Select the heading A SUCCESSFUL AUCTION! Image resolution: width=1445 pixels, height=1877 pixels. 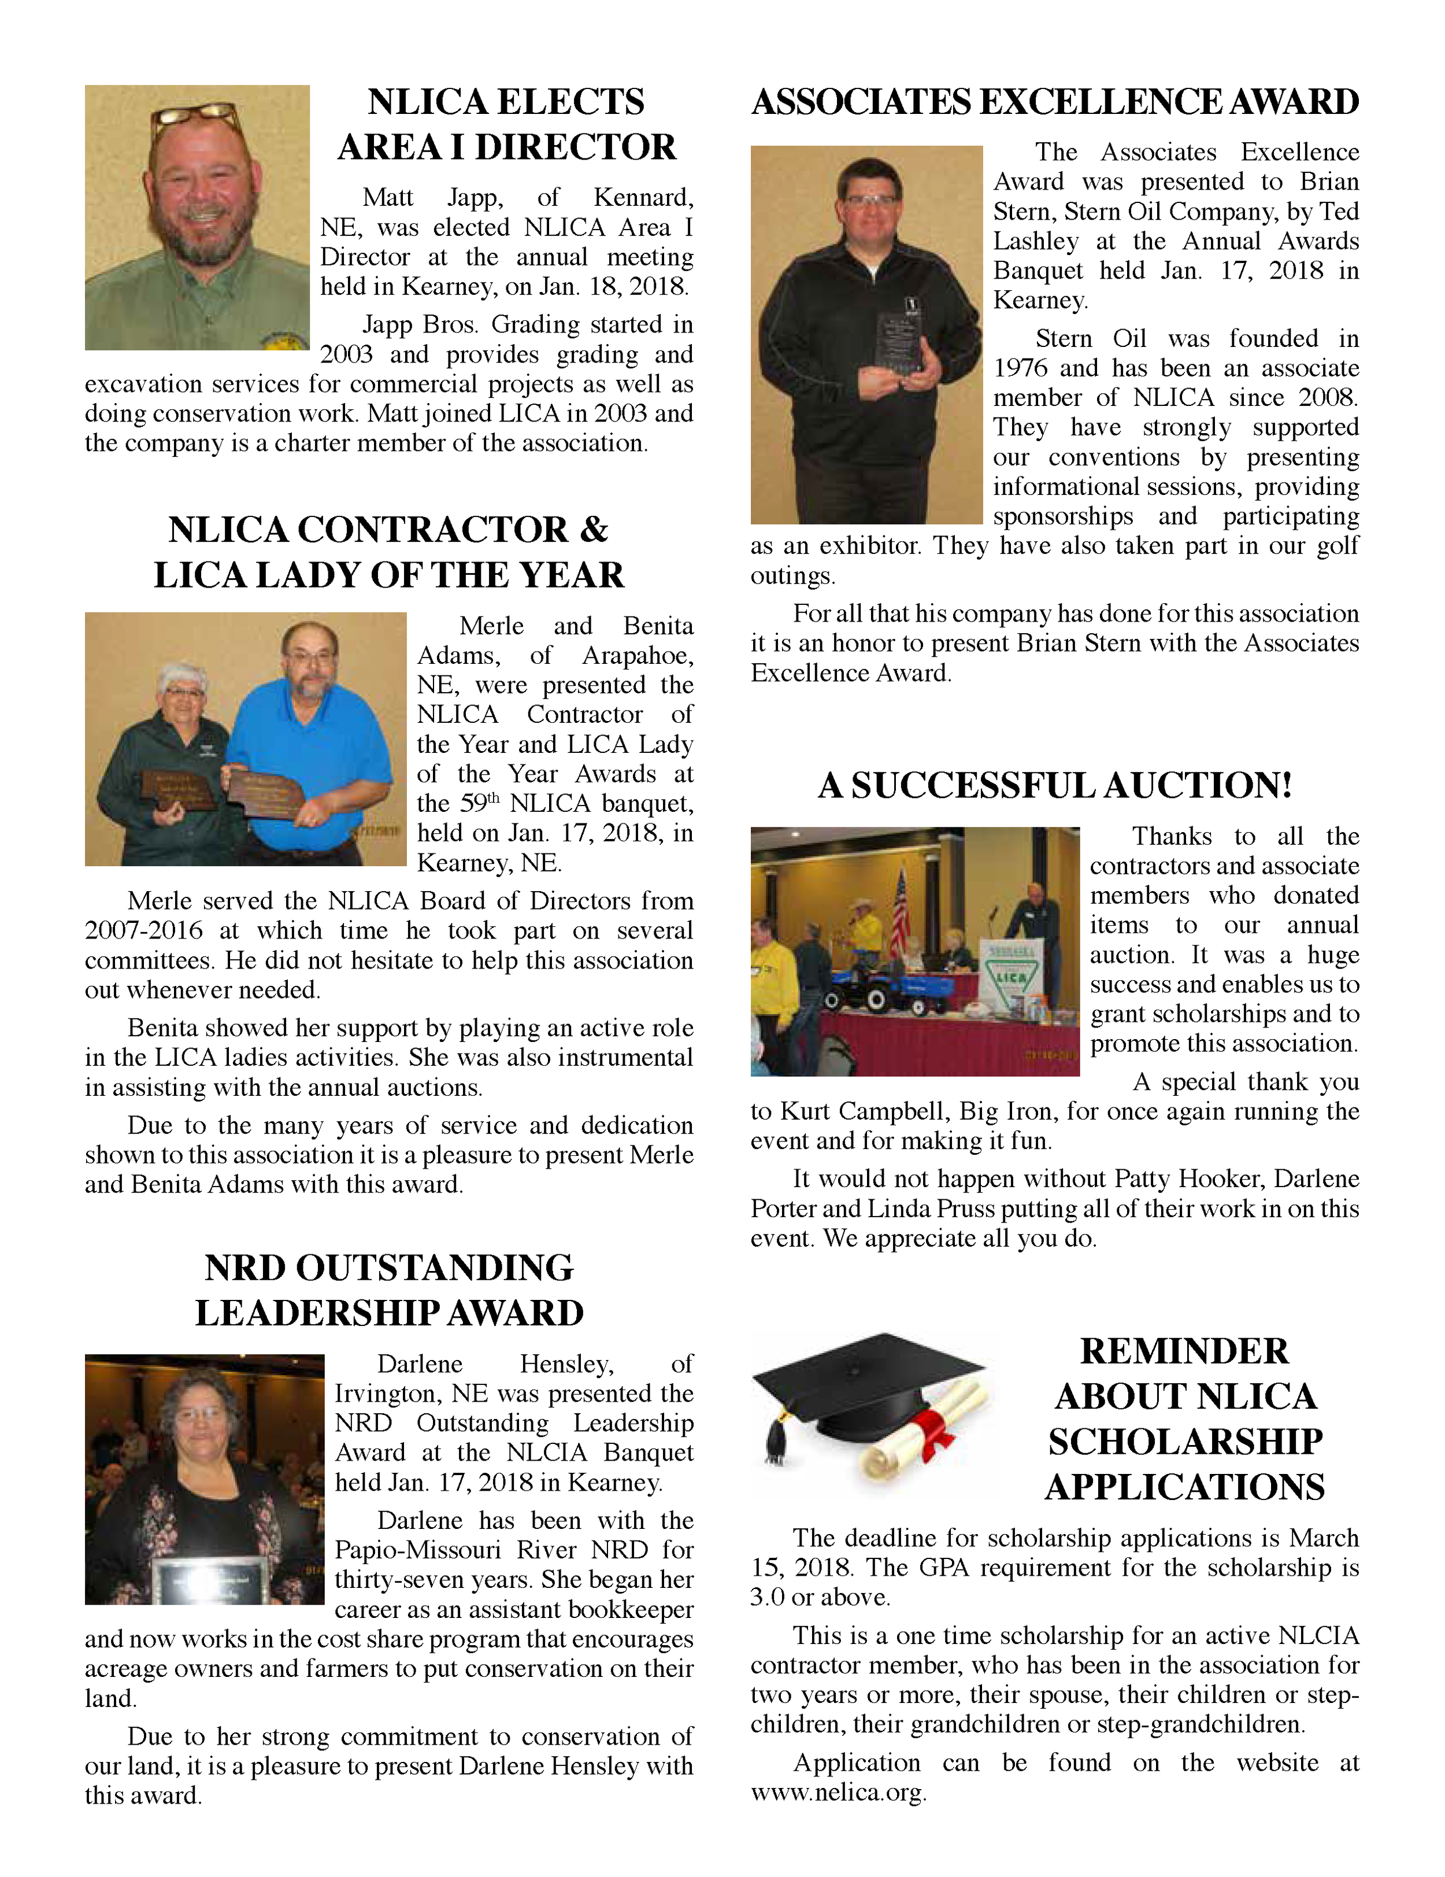(x=1054, y=785)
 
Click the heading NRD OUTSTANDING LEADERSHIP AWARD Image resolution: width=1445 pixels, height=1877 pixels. (x=388, y=1290)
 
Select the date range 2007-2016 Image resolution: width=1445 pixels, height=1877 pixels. (x=143, y=931)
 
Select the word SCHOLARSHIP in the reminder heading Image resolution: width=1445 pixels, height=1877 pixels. (x=1185, y=1442)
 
